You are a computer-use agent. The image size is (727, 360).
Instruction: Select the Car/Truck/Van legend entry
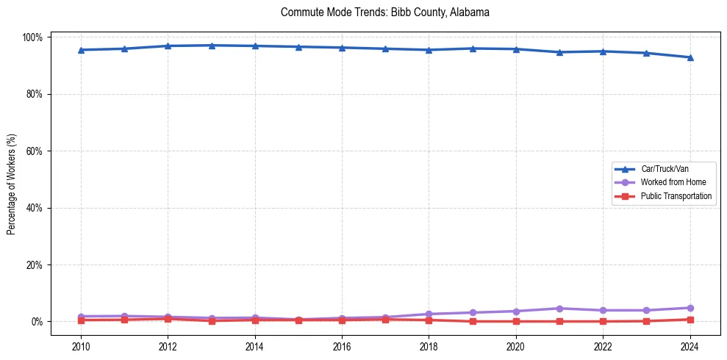pos(665,169)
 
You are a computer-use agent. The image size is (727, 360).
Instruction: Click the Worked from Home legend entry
pos(673,182)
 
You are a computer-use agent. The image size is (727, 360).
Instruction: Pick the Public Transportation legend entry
pos(676,196)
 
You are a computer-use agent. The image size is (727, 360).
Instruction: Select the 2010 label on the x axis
pos(81,347)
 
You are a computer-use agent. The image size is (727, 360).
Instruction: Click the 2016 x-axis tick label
pos(342,347)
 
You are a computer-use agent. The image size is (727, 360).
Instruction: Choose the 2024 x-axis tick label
pos(690,347)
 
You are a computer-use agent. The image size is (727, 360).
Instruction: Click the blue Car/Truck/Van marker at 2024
pos(690,57)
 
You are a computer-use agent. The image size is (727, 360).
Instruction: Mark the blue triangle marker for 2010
pos(81,50)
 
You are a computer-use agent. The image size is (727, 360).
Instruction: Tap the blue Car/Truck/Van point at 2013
pos(212,46)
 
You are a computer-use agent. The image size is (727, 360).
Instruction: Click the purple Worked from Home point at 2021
pos(559,309)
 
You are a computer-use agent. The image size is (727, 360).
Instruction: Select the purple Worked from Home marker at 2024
pos(690,308)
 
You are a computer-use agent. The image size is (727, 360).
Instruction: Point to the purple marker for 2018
pos(429,314)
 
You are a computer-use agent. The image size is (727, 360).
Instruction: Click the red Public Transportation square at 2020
pos(516,321)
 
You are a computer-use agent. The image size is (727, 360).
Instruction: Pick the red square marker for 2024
pos(690,320)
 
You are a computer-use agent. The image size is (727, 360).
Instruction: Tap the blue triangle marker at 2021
pos(559,52)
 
